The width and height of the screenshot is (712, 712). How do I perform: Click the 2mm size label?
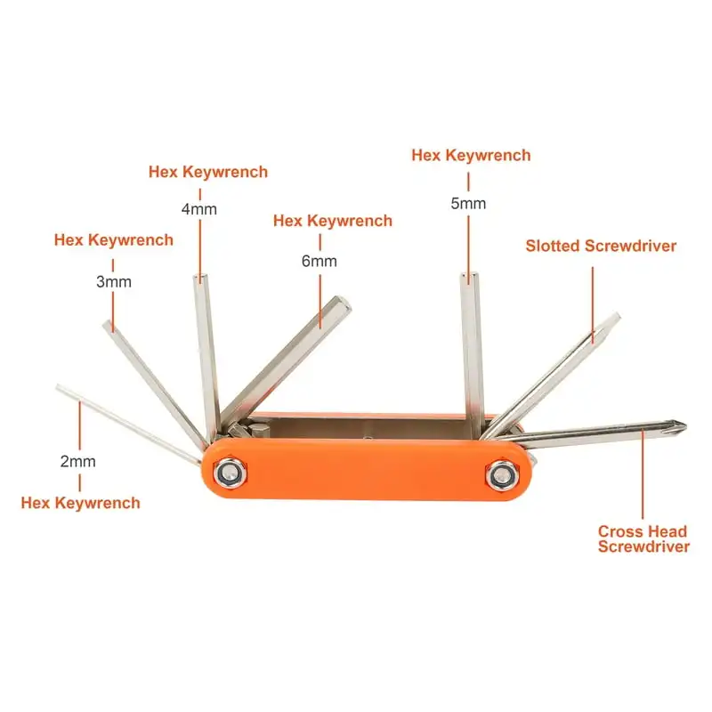click(x=78, y=462)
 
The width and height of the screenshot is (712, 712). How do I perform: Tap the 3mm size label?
click(x=114, y=281)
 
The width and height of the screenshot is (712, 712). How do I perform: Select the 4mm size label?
click(x=198, y=209)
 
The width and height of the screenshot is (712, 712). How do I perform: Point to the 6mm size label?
click(x=320, y=261)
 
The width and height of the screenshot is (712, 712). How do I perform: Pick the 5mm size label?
click(x=468, y=203)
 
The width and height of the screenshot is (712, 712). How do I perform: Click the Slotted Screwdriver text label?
click(x=601, y=246)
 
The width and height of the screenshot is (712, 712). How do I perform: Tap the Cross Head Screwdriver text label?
click(x=643, y=539)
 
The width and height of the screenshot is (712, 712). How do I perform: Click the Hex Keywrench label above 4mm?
click(x=207, y=172)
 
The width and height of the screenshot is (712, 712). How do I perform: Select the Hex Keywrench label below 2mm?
click(x=80, y=503)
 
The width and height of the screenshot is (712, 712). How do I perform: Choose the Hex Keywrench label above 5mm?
click(x=471, y=155)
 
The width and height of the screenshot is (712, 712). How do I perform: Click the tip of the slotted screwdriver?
click(x=613, y=318)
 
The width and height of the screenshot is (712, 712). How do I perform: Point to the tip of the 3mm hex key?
click(x=109, y=326)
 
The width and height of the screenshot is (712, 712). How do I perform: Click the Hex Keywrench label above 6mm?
click(x=332, y=221)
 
